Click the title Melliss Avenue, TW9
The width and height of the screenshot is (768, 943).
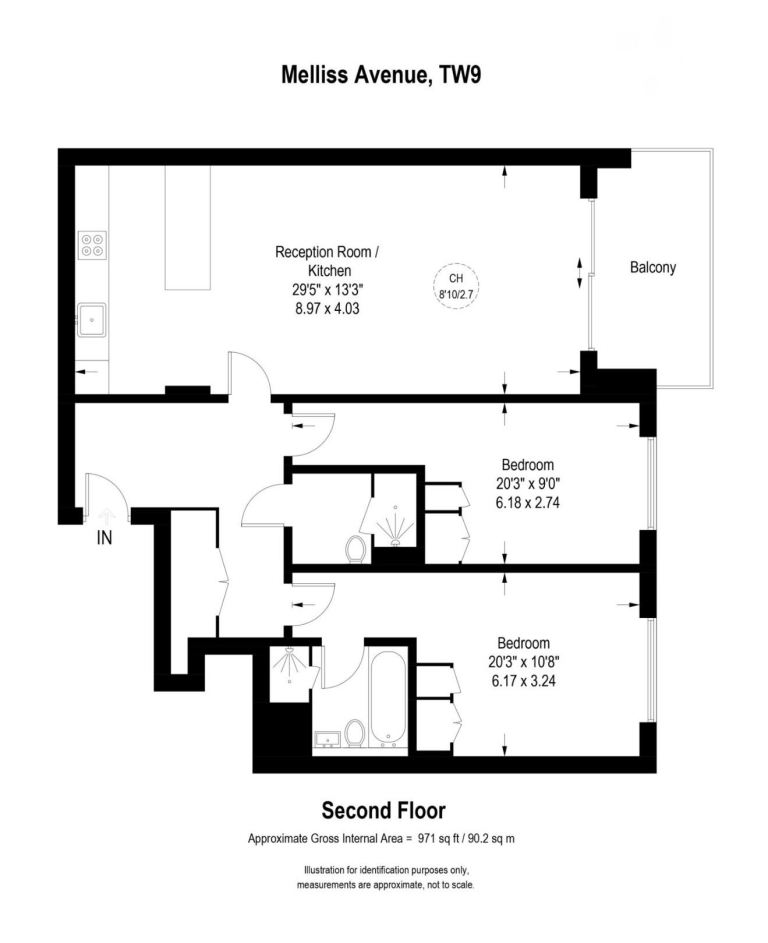click(381, 75)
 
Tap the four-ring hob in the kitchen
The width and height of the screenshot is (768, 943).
click(92, 245)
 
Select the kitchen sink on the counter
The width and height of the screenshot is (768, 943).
click(91, 320)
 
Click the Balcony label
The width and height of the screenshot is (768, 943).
click(653, 267)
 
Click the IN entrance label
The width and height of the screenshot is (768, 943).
click(105, 537)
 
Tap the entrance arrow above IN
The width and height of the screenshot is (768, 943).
click(106, 515)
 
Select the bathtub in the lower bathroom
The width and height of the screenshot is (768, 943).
click(389, 698)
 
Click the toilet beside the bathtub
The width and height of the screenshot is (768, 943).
click(355, 733)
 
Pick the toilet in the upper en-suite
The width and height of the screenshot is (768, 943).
click(358, 549)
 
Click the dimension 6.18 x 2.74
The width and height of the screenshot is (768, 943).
click(527, 502)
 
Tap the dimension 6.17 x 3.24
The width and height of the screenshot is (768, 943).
click(523, 681)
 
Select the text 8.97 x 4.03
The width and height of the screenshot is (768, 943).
click(327, 309)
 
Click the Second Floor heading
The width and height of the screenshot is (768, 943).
click(383, 810)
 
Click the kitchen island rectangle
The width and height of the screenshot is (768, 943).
click(188, 227)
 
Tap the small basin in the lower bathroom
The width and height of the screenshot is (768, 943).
click(327, 739)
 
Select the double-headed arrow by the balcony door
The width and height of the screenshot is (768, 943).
click(580, 272)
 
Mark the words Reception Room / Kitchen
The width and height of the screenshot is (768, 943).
click(327, 261)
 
